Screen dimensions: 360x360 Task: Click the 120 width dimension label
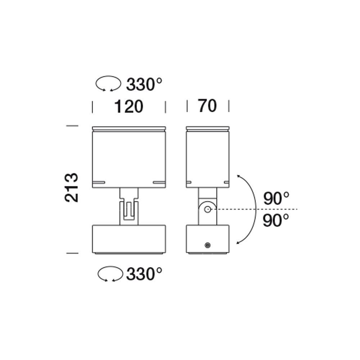tap(129, 107)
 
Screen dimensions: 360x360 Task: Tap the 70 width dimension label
tap(207, 106)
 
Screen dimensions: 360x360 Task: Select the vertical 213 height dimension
tap(71, 188)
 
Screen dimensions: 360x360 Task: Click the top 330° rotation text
tap(144, 84)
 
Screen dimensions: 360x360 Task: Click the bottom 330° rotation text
tap(144, 274)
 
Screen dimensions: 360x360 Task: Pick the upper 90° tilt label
tap(276, 199)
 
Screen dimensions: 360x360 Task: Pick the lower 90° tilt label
tap(276, 220)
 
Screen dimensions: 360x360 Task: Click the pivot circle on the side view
tap(208, 210)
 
